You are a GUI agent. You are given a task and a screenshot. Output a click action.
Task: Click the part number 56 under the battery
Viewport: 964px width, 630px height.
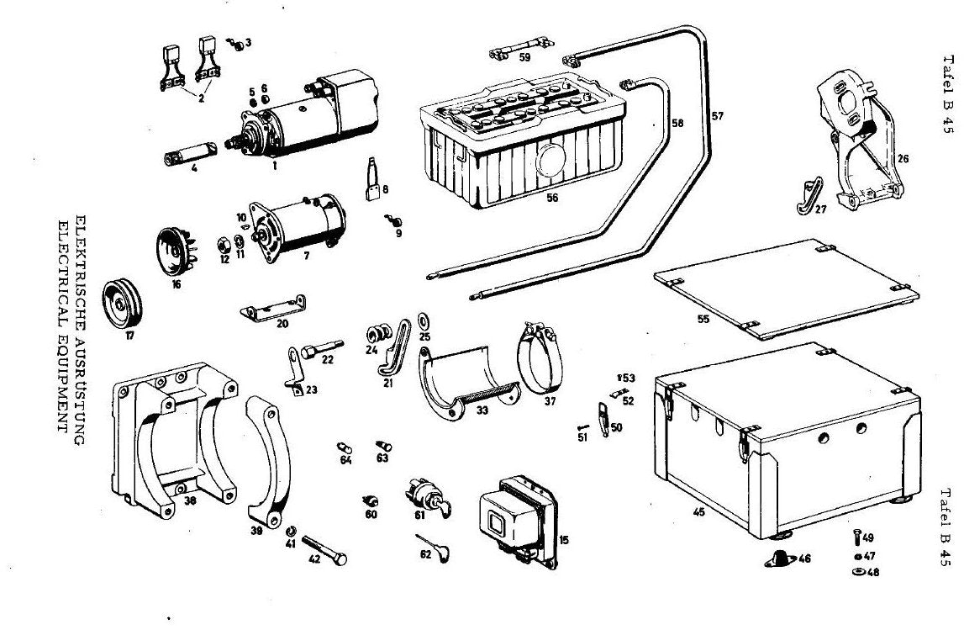pyautogui.click(x=552, y=199)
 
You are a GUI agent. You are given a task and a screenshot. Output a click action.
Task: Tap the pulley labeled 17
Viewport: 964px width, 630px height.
pyautogui.click(x=122, y=304)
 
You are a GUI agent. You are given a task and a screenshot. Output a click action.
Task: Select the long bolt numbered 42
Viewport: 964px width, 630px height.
pyautogui.click(x=324, y=550)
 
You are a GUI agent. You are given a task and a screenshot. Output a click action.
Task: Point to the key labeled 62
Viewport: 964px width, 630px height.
pyautogui.click(x=434, y=548)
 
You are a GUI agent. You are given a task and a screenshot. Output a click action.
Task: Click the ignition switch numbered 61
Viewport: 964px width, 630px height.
pyautogui.click(x=427, y=496)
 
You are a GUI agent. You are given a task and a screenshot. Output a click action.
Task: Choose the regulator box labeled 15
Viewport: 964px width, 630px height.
pyautogui.click(x=518, y=520)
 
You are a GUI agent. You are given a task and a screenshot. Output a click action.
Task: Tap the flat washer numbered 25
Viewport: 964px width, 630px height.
pyautogui.click(x=424, y=320)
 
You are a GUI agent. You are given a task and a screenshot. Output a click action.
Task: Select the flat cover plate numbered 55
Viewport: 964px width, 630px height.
pyautogui.click(x=787, y=288)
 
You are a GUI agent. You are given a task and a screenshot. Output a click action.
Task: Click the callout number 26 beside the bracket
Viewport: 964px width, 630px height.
pyautogui.click(x=903, y=159)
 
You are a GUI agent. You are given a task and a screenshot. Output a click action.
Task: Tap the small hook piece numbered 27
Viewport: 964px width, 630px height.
pyautogui.click(x=809, y=196)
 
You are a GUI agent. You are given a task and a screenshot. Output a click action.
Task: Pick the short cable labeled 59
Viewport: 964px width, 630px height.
pyautogui.click(x=521, y=48)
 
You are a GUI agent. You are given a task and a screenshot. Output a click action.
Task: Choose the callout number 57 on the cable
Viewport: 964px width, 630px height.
pyautogui.click(x=718, y=116)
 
